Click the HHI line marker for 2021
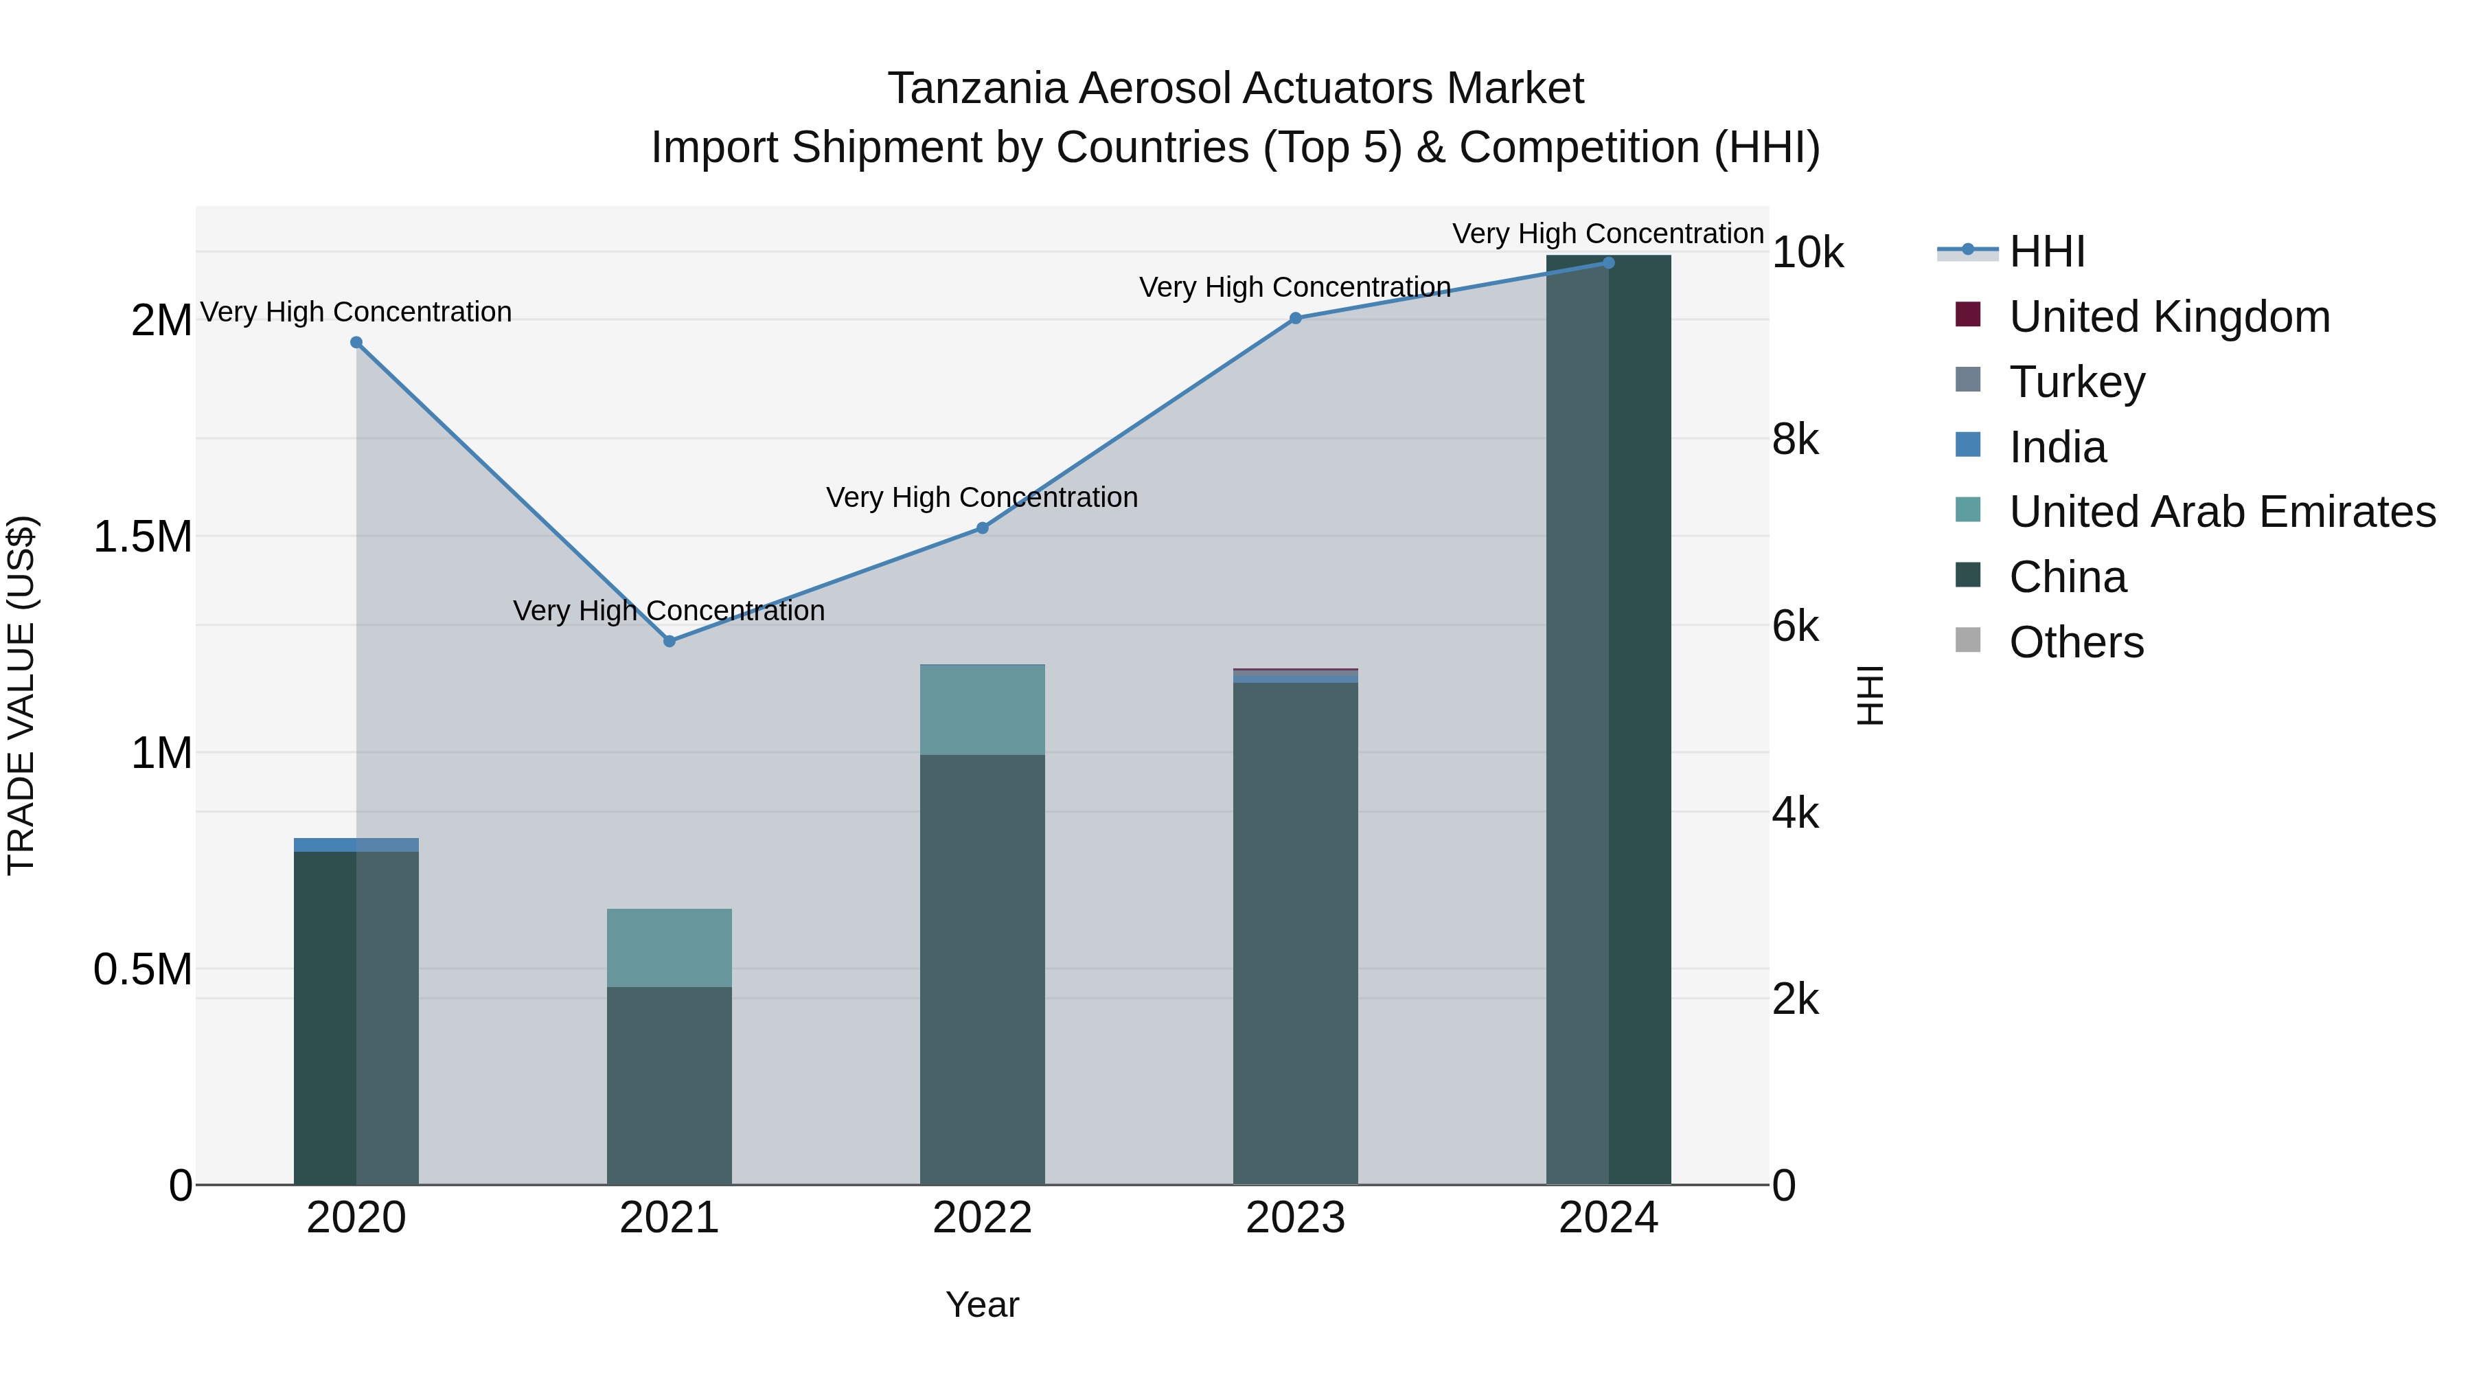tap(669, 642)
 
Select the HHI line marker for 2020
tap(356, 343)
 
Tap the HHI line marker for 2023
tap(1296, 318)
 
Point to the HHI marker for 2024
tap(1608, 263)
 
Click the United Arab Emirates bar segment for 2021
tap(669, 947)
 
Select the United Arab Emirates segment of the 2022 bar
tap(982, 710)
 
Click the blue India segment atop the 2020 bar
tap(356, 845)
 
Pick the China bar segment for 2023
tap(1296, 931)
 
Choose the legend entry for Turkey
tap(2076, 382)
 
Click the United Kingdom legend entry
tap(2168, 317)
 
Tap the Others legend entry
tap(2076, 642)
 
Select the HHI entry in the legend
tap(2046, 251)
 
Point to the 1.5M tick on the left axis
tap(143, 536)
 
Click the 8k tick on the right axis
tap(1794, 440)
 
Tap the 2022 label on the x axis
tap(982, 1218)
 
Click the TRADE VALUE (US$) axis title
tap(21, 695)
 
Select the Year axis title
tap(982, 1304)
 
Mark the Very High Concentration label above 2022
tap(982, 497)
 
